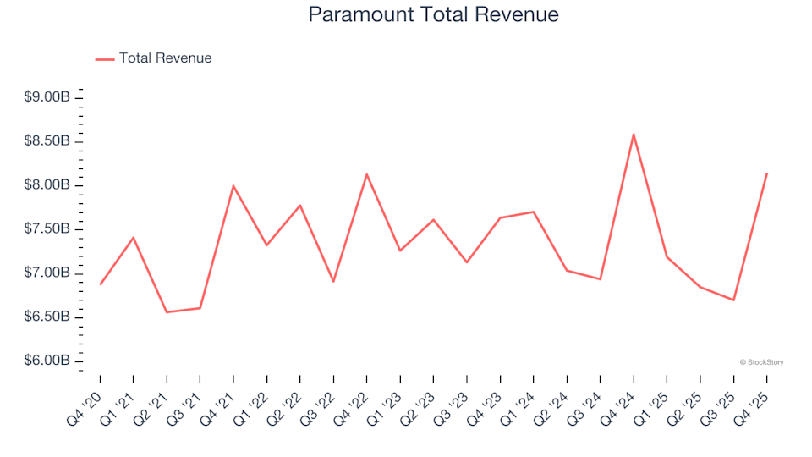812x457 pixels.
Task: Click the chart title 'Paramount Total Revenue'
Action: click(x=433, y=15)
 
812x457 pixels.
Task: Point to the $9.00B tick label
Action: click(x=47, y=98)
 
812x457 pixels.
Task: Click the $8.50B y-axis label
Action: click(x=47, y=141)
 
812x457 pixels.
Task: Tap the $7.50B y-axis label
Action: click(x=47, y=229)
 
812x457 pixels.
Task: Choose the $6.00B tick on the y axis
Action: click(x=47, y=361)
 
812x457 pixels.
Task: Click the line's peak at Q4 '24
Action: click(x=634, y=134)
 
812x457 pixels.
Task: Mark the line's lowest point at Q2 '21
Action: click(x=167, y=312)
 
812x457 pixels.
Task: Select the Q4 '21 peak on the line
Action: click(x=233, y=185)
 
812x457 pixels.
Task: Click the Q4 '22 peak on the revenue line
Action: click(x=366, y=174)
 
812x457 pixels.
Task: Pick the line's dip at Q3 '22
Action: click(x=333, y=281)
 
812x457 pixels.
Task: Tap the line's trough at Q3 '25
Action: click(x=733, y=300)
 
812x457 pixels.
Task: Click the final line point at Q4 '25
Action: click(x=766, y=174)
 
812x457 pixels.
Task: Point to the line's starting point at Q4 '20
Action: click(x=100, y=284)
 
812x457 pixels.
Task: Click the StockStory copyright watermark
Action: click(x=761, y=362)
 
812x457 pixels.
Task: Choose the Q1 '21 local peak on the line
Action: click(x=134, y=238)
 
